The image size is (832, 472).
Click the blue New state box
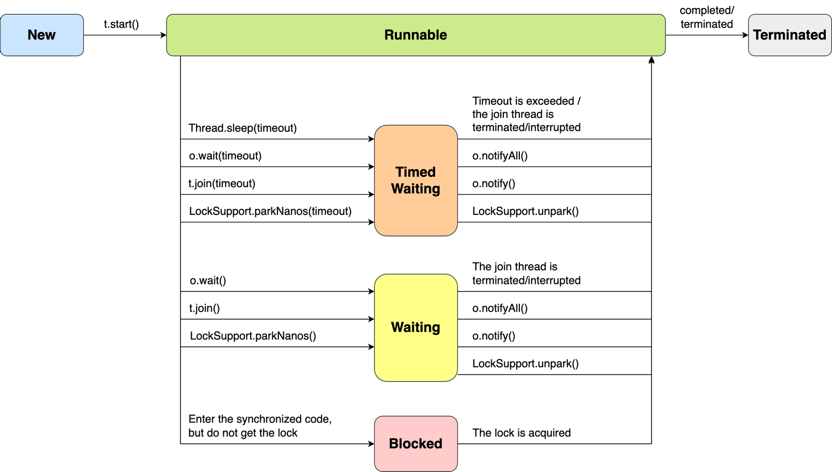tap(42, 35)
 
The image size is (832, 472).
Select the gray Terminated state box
tap(789, 35)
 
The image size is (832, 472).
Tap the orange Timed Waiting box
tap(415, 180)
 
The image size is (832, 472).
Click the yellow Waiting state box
tap(415, 327)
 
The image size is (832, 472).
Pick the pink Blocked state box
tap(415, 443)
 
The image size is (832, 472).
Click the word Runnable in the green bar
tap(415, 35)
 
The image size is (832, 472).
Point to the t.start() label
tap(121, 24)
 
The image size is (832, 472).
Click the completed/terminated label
tap(706, 17)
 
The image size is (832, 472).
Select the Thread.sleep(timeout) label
tap(243, 128)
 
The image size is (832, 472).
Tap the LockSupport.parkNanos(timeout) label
tap(270, 211)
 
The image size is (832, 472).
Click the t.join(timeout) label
tap(222, 184)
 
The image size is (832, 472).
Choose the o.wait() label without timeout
tap(208, 280)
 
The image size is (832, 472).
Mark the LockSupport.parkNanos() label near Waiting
tap(253, 336)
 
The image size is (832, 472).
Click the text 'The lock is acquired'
tap(521, 433)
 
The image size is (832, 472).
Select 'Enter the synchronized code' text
tap(260, 419)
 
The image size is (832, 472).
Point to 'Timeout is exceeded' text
tap(526, 101)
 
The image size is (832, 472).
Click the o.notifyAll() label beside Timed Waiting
tap(500, 156)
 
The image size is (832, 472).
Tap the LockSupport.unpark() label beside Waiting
tap(525, 364)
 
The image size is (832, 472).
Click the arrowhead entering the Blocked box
tap(371, 444)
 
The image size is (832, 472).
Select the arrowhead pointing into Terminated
tap(745, 35)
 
